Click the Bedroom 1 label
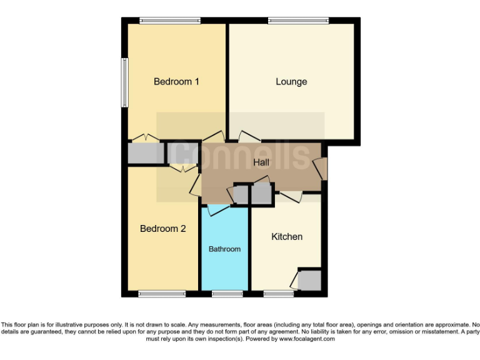coord(176,81)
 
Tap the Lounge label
coord(291,81)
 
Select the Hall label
coord(262,162)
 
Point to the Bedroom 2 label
coord(162,229)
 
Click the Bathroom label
coord(224,249)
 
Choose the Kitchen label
coord(287,237)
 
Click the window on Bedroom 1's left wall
coord(124,82)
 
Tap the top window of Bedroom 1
coord(170,21)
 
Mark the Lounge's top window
coord(298,21)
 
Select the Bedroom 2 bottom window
coord(161,294)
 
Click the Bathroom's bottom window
coord(227,294)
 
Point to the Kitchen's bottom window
coord(279,294)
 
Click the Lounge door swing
coord(249,136)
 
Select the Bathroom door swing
coord(218,210)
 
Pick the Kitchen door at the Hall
coord(291,197)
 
